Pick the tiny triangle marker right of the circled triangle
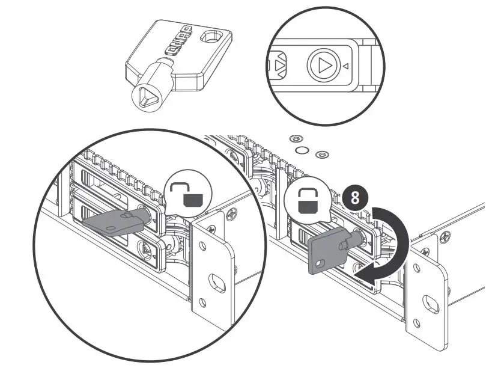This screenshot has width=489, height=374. coord(346,66)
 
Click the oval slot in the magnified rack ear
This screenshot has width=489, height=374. coord(214,281)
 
